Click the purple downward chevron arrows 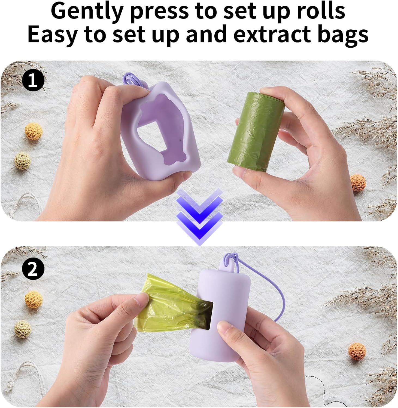(200, 216)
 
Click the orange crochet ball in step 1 (358, 182)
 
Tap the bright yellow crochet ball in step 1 (34, 131)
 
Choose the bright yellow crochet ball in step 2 (34, 299)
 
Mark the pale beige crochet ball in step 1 (22, 160)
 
